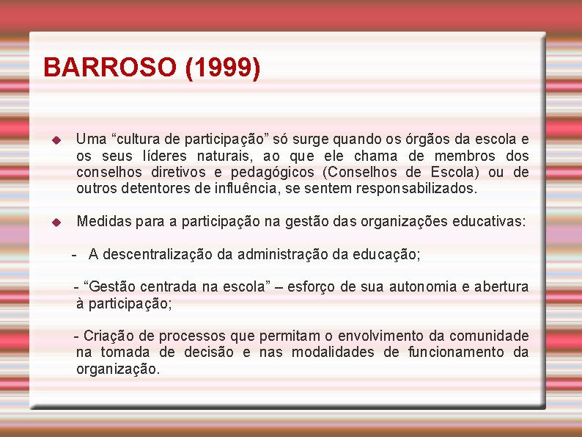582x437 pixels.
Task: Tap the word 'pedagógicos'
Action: (x=273, y=172)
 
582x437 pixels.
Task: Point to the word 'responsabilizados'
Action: (x=416, y=188)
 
